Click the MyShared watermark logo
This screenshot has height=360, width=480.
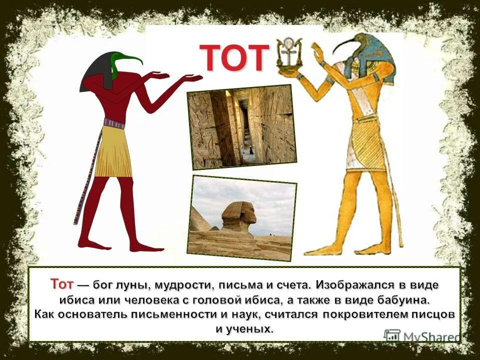422,336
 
